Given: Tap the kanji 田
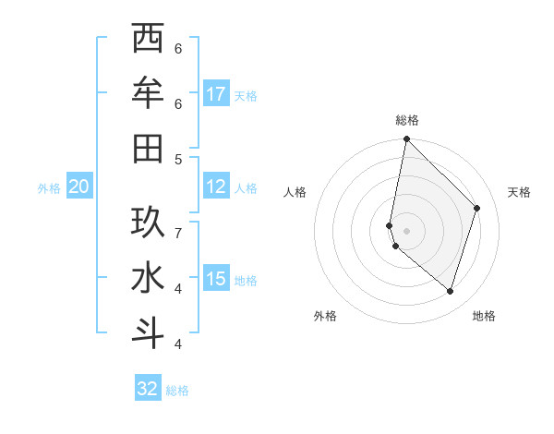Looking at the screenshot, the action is tap(148, 149).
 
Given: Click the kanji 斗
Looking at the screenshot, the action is tap(148, 333).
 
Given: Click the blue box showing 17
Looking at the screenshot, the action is tap(216, 94).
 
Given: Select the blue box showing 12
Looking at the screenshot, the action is tap(216, 187).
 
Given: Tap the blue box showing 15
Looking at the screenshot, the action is tap(216, 280).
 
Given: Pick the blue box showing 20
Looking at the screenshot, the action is tap(78, 187).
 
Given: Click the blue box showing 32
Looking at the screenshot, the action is tap(148, 389).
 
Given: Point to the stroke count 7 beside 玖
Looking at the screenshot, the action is tap(178, 232).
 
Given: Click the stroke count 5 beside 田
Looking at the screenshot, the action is tap(178, 159).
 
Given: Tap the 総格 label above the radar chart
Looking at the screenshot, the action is tap(407, 120).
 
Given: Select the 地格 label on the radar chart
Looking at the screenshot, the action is tap(484, 316).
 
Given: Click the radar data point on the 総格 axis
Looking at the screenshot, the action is tap(406, 139).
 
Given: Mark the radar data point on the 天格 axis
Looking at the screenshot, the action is tap(477, 208).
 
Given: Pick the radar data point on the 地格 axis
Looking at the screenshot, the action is tap(450, 292).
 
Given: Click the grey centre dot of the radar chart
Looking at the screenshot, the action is tap(407, 230).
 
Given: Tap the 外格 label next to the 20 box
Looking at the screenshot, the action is tap(49, 188).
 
